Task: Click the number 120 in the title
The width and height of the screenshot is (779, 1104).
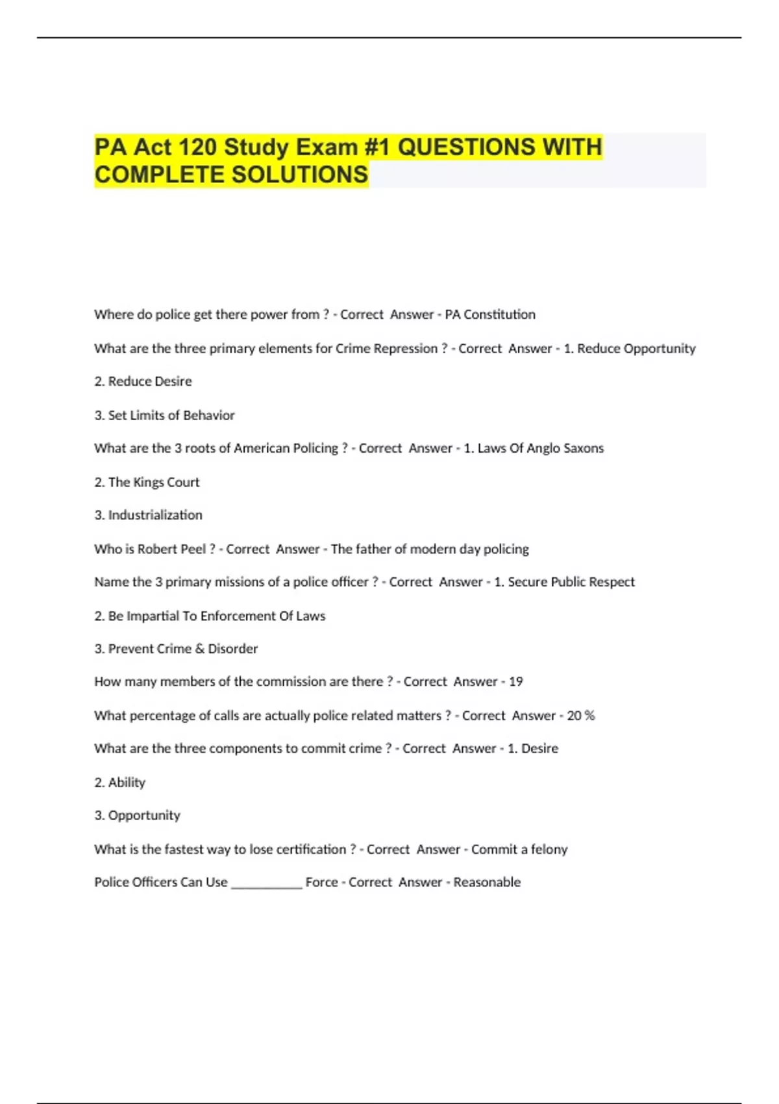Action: (197, 147)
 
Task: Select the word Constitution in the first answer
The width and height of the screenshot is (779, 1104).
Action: (499, 315)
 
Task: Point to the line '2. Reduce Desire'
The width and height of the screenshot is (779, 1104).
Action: (143, 382)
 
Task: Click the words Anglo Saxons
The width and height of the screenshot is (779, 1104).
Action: (565, 449)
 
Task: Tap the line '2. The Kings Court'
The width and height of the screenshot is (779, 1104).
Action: (147, 483)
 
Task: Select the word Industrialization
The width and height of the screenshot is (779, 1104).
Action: (155, 516)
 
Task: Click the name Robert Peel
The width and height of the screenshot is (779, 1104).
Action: (172, 549)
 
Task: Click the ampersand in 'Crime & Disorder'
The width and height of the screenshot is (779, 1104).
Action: (200, 649)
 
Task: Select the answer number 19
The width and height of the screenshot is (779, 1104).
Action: (515, 682)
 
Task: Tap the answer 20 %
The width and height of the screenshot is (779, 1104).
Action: (580, 716)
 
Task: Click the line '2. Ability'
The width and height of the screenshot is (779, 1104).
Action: (120, 783)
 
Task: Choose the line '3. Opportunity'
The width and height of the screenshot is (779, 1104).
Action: (137, 816)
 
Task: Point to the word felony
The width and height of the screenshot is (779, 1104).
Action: (549, 849)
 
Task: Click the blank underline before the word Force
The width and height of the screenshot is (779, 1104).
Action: (267, 884)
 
